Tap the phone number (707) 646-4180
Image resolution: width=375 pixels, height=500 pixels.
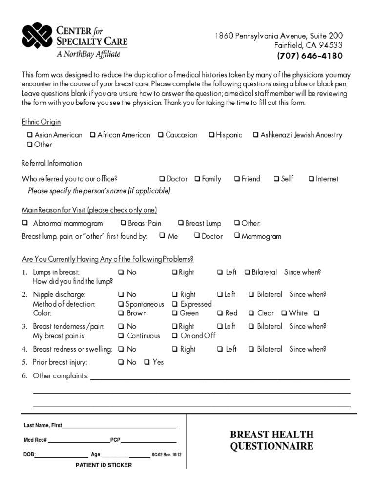tap(310, 56)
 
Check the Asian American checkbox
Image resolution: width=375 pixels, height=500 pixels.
tap(30, 135)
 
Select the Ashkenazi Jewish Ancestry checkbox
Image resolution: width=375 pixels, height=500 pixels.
tap(255, 135)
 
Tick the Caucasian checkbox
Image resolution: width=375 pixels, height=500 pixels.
tap(160, 135)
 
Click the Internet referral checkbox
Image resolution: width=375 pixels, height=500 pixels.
tap(311, 179)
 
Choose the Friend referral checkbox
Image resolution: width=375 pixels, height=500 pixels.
tap(236, 179)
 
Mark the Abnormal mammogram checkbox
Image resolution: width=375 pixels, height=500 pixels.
tap(25, 224)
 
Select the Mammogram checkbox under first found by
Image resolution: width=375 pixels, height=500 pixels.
tap(236, 236)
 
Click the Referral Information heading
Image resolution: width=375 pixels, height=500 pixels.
tap(52, 163)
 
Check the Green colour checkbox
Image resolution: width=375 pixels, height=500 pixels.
tap(174, 313)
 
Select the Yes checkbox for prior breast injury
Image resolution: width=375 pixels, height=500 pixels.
tap(146, 362)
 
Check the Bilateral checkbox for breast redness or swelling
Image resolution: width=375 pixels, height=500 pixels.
tap(251, 349)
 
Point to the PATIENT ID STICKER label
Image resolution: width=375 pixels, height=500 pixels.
tap(104, 465)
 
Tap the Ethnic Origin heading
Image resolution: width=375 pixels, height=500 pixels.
tap(41, 122)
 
